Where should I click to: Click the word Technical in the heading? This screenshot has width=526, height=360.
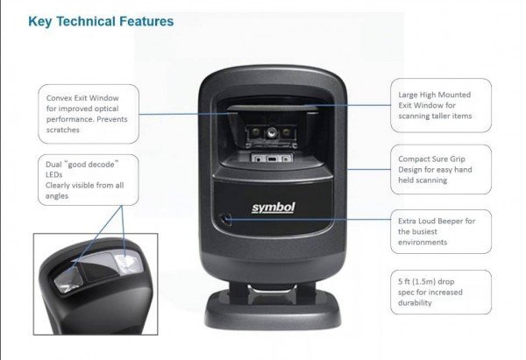(86, 21)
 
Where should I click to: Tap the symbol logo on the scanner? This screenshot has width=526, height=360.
(274, 208)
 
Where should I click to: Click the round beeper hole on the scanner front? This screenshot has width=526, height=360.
(225, 220)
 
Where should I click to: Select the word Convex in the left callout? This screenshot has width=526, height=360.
(59, 98)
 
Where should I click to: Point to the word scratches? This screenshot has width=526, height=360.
(63, 130)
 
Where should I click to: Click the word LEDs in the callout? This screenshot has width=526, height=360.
(54, 174)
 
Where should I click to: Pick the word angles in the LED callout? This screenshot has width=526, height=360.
(57, 196)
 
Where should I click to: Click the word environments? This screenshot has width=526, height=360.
(423, 242)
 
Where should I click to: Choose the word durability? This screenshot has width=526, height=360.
(415, 303)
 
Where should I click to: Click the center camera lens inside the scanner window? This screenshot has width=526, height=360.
(272, 133)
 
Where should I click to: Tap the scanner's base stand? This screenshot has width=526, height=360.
(273, 311)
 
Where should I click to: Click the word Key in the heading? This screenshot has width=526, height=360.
(40, 22)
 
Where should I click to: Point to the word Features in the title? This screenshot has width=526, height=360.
(146, 21)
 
